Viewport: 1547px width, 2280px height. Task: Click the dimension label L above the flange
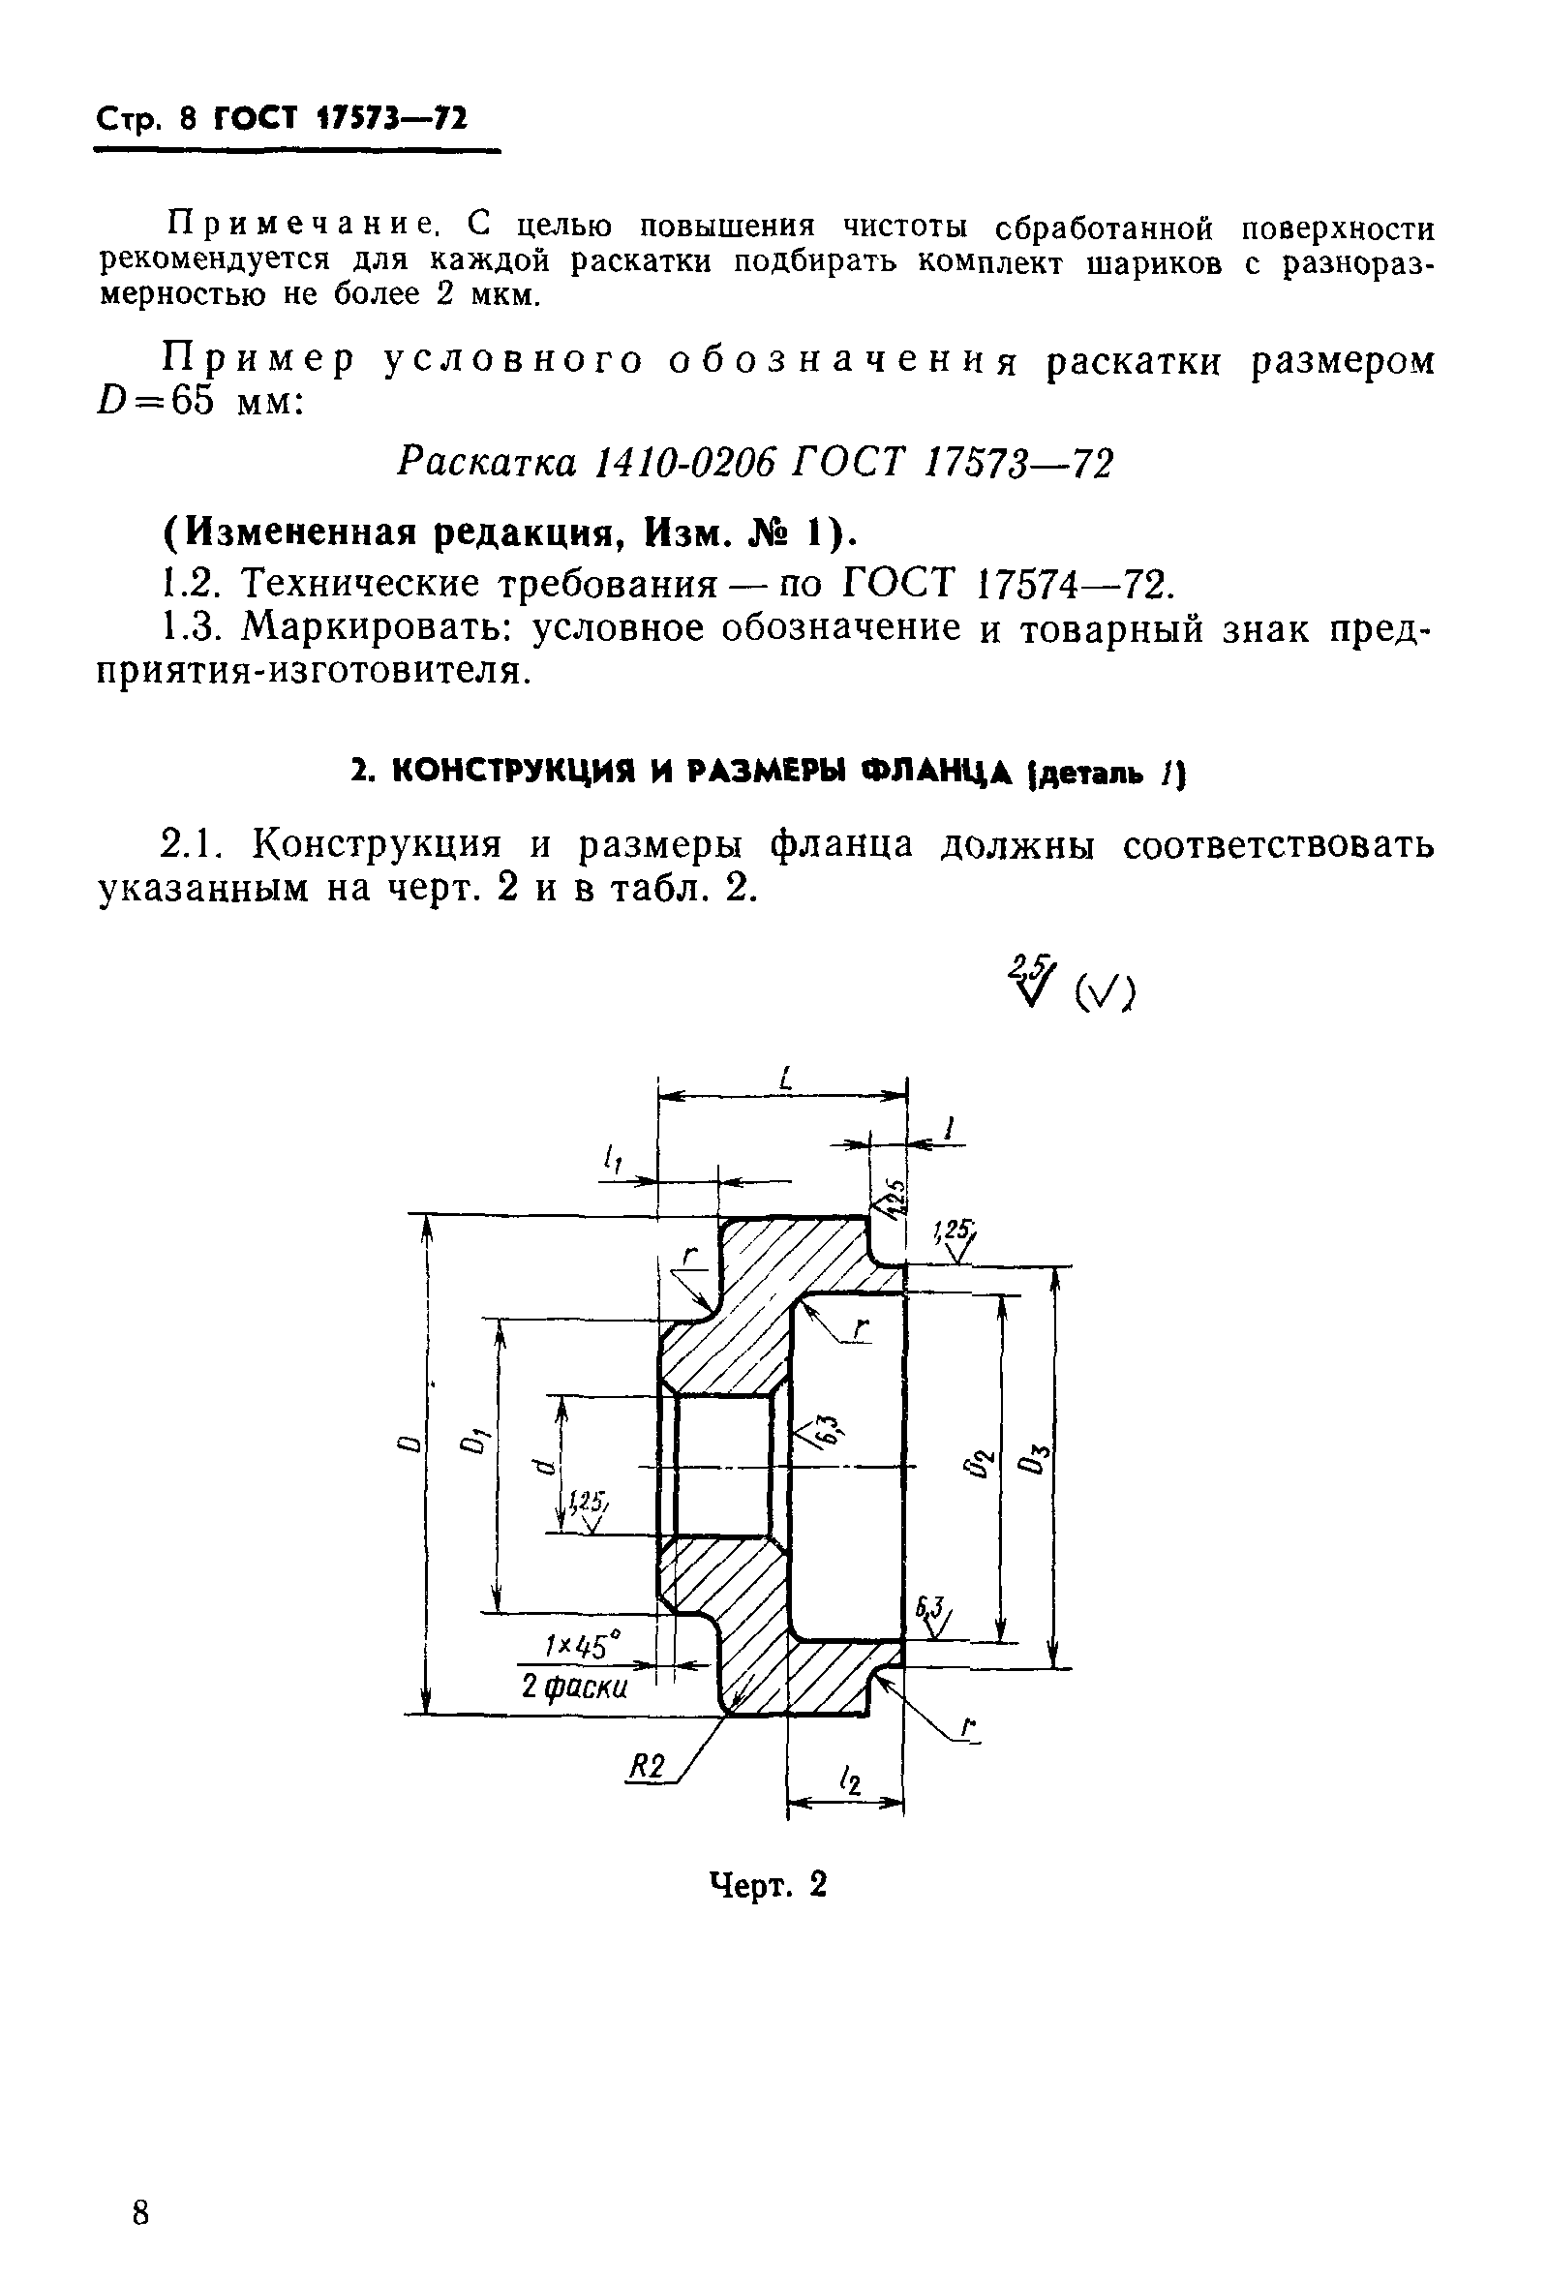[785, 1080]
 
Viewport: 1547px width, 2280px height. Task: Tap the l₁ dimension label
[614, 1161]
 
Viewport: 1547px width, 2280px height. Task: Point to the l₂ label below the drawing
[850, 1778]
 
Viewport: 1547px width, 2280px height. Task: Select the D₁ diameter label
[475, 1443]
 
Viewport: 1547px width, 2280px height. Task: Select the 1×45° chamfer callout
[584, 1644]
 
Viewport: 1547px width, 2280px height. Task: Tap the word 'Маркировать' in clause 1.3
[377, 628]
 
